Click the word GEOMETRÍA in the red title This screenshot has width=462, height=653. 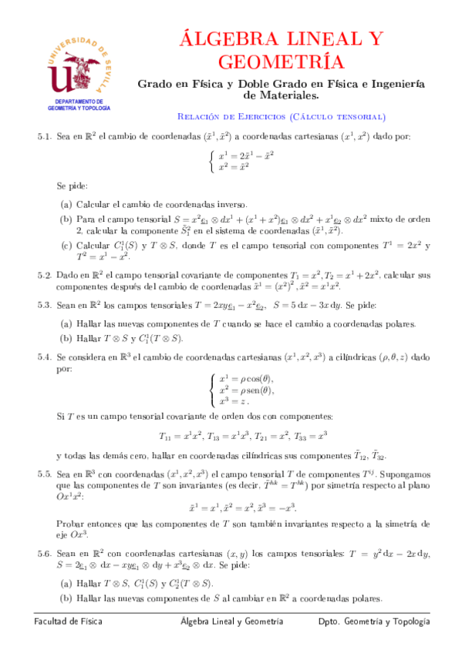click(x=281, y=62)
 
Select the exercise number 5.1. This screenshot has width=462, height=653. click(x=43, y=137)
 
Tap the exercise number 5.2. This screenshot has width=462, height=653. click(x=43, y=275)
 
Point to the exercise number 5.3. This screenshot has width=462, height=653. click(x=43, y=305)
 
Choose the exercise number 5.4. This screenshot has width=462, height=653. click(x=43, y=358)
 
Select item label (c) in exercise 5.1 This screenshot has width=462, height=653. click(x=66, y=246)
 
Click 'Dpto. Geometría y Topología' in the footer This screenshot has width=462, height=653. click(x=374, y=621)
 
